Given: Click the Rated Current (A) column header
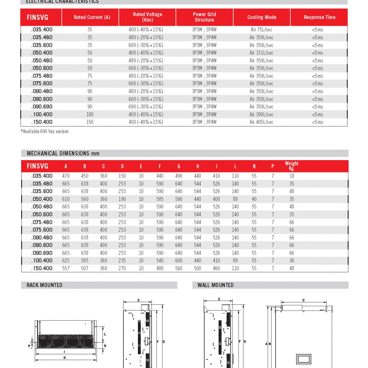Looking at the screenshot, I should click(92, 17).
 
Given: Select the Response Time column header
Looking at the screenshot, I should click(319, 17).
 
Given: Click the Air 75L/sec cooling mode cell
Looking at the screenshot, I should click(261, 30).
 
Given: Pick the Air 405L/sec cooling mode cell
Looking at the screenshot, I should click(261, 122).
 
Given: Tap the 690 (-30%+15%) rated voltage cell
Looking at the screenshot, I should click(146, 107).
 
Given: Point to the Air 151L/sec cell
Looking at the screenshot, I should click(261, 53).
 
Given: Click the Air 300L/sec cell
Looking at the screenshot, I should click(261, 114).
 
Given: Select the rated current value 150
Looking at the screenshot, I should click(90, 122).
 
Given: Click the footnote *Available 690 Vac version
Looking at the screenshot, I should click(44, 132).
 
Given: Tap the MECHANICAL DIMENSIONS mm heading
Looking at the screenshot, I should click(63, 153).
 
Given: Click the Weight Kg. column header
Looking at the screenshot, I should click(291, 166).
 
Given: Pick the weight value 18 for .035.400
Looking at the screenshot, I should click(291, 176).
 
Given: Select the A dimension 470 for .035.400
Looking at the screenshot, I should click(66, 176).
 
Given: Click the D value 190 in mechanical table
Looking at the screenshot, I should click(122, 199).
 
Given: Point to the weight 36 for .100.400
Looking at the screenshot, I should click(291, 261).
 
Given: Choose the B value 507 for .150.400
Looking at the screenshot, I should click(85, 268).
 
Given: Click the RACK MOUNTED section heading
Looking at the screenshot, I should click(44, 285).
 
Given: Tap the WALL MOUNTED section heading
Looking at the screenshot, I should click(215, 285).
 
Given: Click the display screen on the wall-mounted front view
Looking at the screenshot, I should click(304, 359).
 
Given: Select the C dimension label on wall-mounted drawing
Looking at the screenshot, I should click(303, 300).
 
